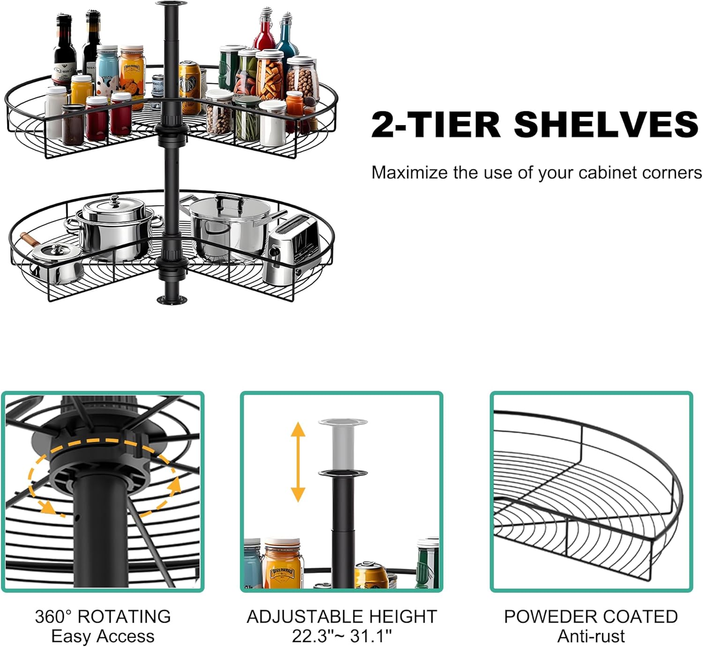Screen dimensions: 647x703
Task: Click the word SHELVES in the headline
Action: pyautogui.click(x=606, y=125)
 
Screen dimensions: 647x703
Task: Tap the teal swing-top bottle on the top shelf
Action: pyautogui.click(x=286, y=37)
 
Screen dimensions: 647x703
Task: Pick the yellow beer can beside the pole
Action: pyautogui.click(x=190, y=87)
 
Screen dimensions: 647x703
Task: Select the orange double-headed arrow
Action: pyautogui.click(x=298, y=462)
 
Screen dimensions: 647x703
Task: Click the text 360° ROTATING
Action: pyautogui.click(x=103, y=617)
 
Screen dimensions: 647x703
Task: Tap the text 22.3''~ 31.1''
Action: pyautogui.click(x=342, y=636)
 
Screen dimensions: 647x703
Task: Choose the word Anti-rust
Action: pyautogui.click(x=591, y=636)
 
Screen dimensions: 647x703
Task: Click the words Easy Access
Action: pyautogui.click(x=103, y=636)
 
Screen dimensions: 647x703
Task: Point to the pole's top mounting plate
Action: pyautogui.click(x=171, y=4)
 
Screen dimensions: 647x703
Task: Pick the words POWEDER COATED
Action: pyautogui.click(x=591, y=617)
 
